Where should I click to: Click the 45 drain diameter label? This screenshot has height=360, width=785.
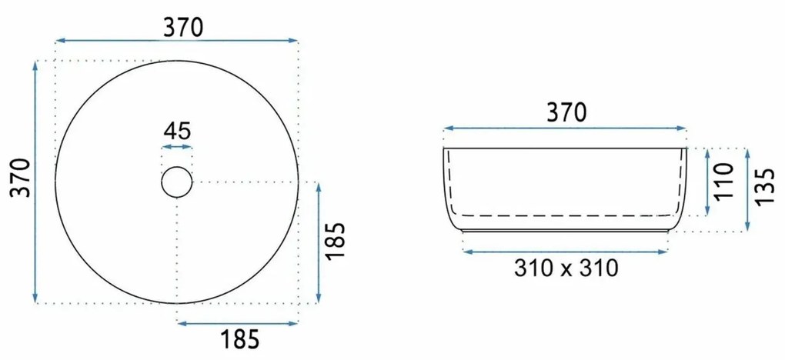click(177, 132)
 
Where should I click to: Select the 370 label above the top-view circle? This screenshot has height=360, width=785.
click(183, 27)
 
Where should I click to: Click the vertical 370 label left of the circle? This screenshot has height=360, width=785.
click(22, 178)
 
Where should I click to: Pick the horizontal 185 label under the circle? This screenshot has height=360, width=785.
click(239, 339)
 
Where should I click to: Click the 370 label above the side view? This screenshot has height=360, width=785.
click(566, 112)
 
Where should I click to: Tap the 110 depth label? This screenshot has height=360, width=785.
click(723, 181)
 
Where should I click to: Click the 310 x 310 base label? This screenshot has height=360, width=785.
click(566, 268)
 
